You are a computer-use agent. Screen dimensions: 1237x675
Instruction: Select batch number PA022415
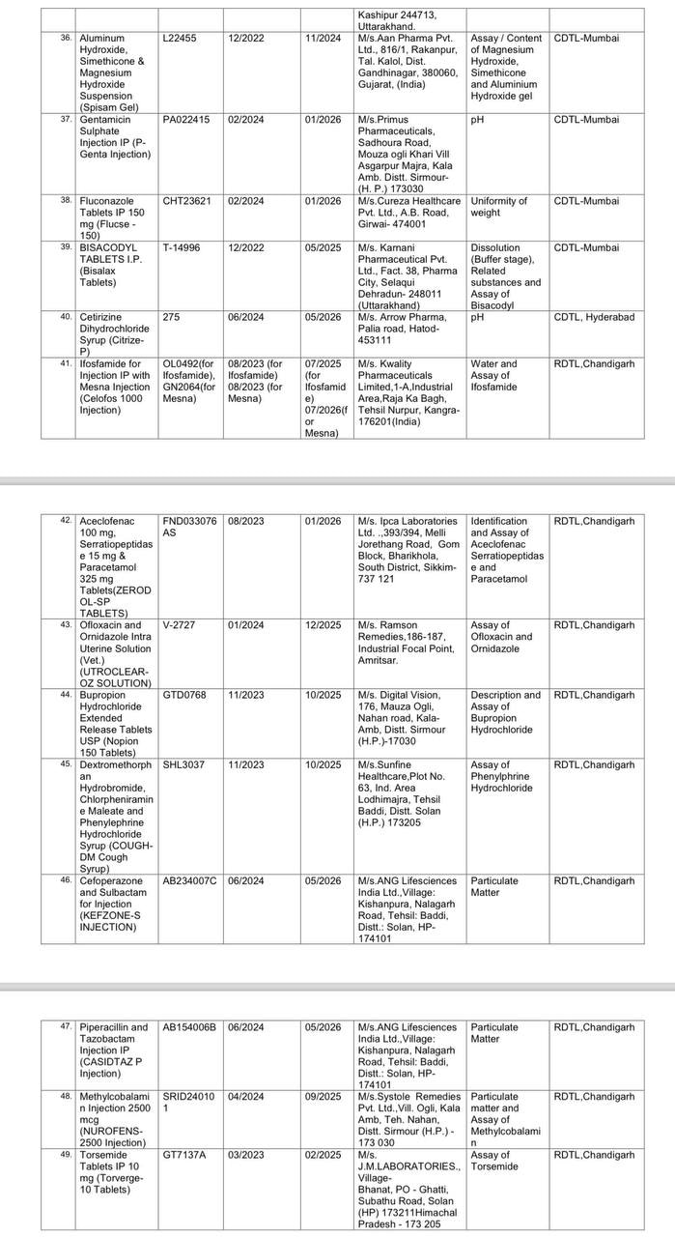click(x=185, y=120)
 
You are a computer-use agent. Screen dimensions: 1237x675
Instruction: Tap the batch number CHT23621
click(x=187, y=201)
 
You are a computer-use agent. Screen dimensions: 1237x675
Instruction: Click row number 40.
click(x=66, y=317)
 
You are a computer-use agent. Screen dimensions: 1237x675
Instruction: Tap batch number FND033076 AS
click(x=189, y=527)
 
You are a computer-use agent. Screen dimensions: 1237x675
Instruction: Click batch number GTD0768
click(x=184, y=695)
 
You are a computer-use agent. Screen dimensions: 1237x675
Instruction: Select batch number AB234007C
click(x=189, y=880)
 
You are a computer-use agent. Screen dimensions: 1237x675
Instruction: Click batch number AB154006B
click(x=189, y=1027)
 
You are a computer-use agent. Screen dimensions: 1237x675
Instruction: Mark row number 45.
click(x=66, y=764)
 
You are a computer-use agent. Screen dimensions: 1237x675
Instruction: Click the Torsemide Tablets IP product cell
click(x=112, y=1172)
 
